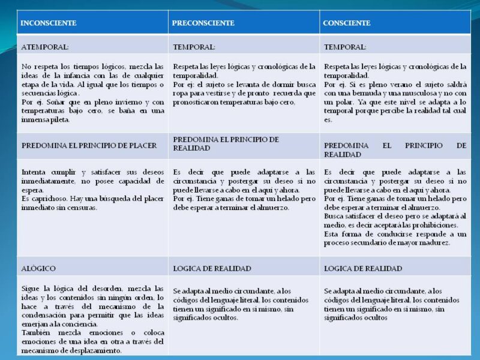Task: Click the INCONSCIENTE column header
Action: click(x=49, y=23)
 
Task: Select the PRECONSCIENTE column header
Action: click(x=203, y=23)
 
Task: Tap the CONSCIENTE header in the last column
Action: click(x=346, y=23)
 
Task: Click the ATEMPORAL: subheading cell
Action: click(x=45, y=46)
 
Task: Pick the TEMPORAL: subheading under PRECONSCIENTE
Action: click(x=194, y=46)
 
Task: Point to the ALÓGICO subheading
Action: click(x=39, y=268)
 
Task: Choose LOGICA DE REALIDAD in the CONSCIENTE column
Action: click(x=363, y=268)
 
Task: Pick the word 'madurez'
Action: click(x=434, y=242)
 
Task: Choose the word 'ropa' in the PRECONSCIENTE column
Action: click(x=182, y=94)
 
